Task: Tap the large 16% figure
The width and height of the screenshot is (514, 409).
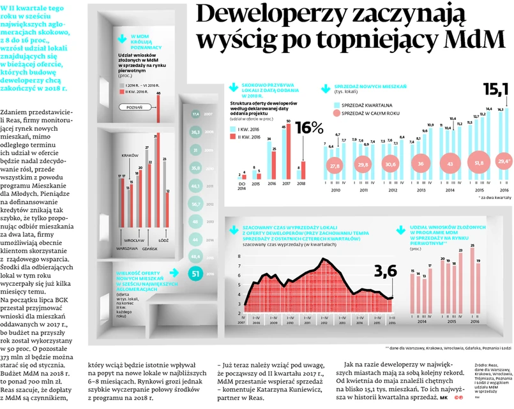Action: pos(308,129)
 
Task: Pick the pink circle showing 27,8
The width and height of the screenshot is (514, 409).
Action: pos(332,165)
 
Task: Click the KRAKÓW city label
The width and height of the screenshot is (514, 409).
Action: pos(130,155)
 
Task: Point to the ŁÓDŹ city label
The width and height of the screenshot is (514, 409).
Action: pos(163,241)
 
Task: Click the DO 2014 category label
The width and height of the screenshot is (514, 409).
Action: pos(241,186)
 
